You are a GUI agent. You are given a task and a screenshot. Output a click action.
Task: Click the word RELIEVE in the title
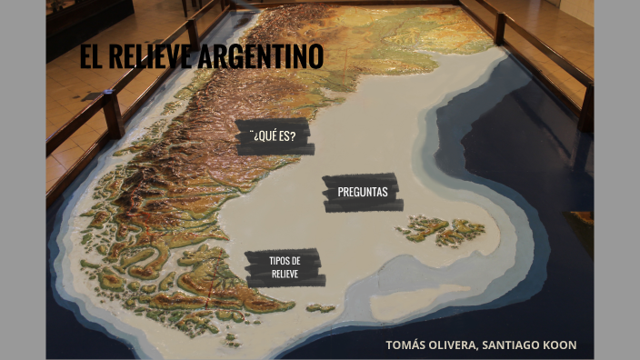pos(149,56)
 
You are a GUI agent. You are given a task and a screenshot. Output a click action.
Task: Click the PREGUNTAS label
pos(362,192)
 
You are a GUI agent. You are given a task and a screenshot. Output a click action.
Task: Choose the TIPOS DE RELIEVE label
pos(285,267)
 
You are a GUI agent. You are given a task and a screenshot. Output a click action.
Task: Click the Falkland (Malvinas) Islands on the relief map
pos(440,229)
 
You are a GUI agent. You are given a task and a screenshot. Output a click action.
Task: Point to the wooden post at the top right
pos(500,27)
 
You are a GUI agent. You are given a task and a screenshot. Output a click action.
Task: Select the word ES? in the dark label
pos(288,137)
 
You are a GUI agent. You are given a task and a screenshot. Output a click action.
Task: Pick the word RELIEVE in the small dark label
pos(285,273)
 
